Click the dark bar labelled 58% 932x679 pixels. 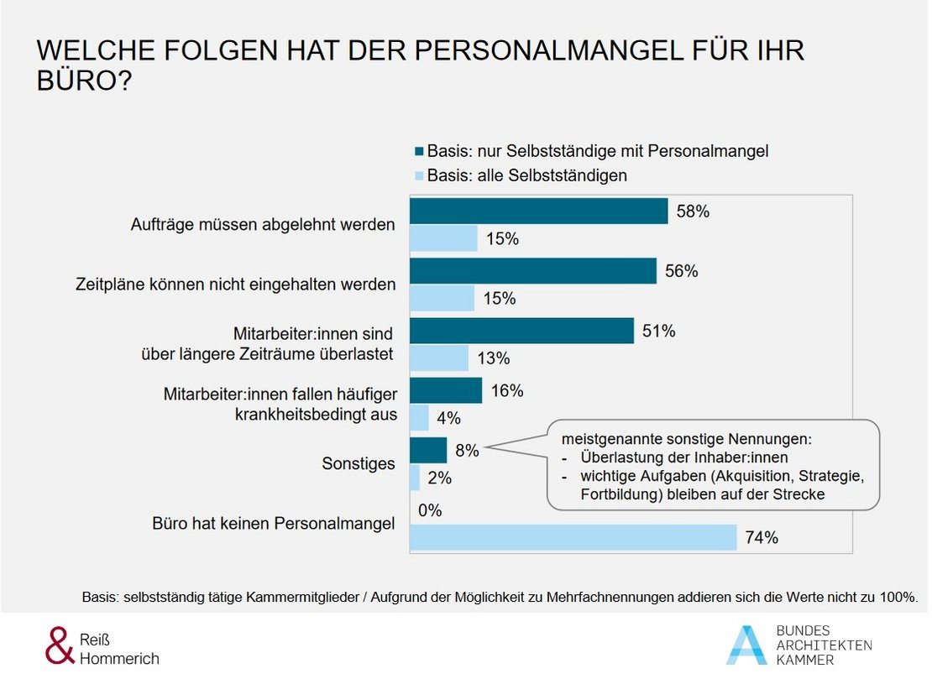[537, 212]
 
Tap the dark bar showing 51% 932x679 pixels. [521, 331]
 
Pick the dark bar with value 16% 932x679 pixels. [445, 390]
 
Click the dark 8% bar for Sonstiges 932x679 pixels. [427, 451]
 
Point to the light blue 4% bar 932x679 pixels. [419, 417]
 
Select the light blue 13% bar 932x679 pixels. [438, 358]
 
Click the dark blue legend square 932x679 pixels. [419, 152]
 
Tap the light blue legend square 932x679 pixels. [419, 176]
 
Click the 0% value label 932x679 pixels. [429, 510]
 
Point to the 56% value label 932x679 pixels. [680, 271]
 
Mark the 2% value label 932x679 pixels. [439, 478]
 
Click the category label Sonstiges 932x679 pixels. [359, 463]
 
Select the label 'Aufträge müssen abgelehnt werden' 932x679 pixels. [263, 225]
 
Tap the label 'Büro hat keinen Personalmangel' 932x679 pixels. [274, 525]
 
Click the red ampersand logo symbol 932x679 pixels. [58, 645]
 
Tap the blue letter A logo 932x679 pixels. [746, 645]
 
